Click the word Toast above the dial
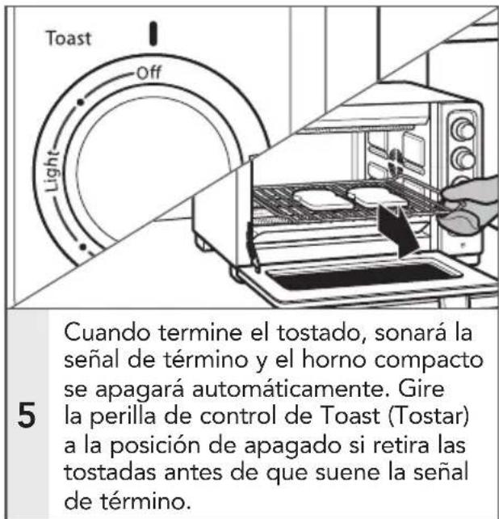(x=68, y=38)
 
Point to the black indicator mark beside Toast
(x=151, y=33)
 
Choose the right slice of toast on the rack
(x=373, y=195)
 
